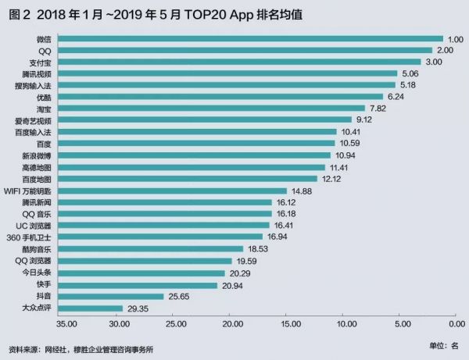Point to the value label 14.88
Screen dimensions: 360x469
pos(303,191)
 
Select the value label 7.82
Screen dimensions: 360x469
pos(381,109)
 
